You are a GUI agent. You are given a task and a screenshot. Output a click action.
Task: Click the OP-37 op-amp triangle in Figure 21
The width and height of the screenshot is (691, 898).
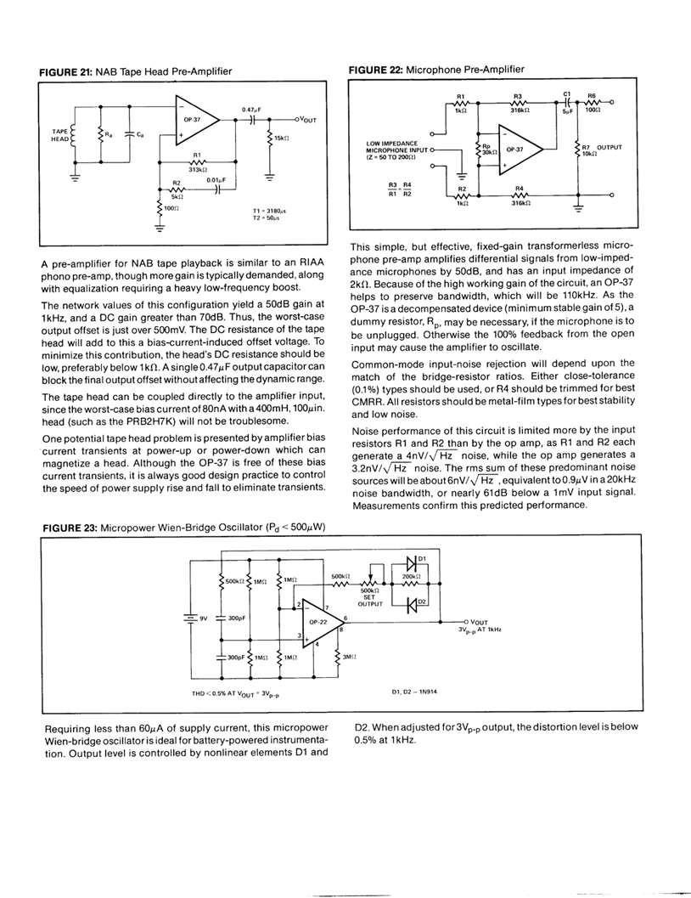pyautogui.click(x=193, y=121)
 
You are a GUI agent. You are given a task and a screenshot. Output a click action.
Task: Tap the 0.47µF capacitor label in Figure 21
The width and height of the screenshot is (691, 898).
pyautogui.click(x=250, y=110)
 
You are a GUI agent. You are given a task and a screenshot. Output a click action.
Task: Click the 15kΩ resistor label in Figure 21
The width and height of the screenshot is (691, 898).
pyautogui.click(x=284, y=137)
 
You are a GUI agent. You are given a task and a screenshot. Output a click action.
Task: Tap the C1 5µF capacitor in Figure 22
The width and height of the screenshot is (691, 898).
pyautogui.click(x=566, y=103)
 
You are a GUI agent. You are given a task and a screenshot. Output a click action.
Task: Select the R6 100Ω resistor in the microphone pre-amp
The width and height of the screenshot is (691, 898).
pyautogui.click(x=592, y=103)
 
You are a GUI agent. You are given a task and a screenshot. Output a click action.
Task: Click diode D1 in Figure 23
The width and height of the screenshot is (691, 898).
pyautogui.click(x=412, y=562)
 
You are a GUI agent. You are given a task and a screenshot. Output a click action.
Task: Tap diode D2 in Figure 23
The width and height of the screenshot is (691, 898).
pyautogui.click(x=412, y=605)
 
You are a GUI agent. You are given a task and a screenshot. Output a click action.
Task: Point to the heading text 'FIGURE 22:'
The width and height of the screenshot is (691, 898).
pyautogui.click(x=374, y=69)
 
